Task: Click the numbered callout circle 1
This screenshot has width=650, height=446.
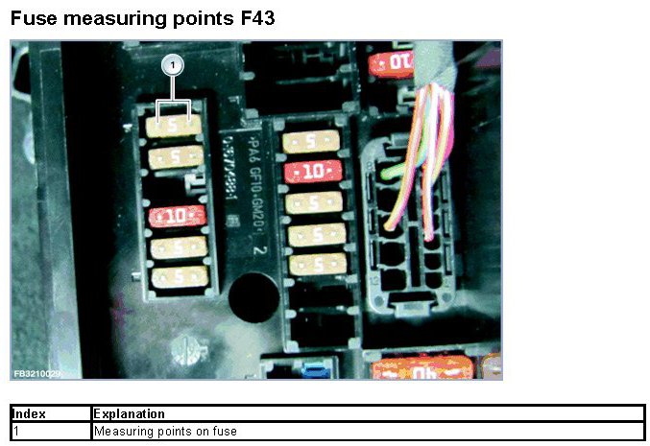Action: pos(173,65)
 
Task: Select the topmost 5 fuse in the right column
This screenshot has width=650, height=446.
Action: pos(314,142)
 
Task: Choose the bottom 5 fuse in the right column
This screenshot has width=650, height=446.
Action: pos(316,264)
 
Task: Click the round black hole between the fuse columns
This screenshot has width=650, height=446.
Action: pos(252,290)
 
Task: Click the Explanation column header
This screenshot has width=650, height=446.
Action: pos(130,414)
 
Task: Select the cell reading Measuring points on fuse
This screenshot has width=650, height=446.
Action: pos(165,432)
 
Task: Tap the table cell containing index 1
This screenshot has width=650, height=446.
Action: pos(50,432)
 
